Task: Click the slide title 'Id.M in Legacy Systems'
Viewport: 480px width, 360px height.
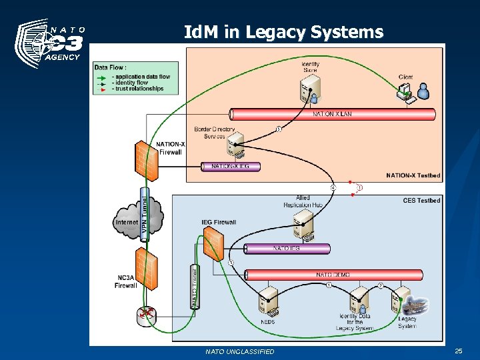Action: click(283, 31)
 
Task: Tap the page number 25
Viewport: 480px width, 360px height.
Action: click(458, 351)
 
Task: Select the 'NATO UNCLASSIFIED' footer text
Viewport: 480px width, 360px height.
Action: click(240, 351)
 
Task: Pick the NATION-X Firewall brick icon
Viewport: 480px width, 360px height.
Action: click(147, 160)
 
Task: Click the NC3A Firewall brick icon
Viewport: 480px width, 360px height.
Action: click(146, 268)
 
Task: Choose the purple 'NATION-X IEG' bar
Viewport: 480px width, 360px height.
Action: click(231, 167)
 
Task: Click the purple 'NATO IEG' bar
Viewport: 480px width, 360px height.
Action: click(287, 249)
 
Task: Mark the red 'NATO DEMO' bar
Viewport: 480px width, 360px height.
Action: click(333, 275)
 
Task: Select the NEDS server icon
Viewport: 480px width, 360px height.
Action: click(269, 301)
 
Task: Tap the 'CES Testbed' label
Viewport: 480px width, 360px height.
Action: click(421, 200)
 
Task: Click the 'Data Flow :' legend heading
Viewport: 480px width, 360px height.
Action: click(110, 67)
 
